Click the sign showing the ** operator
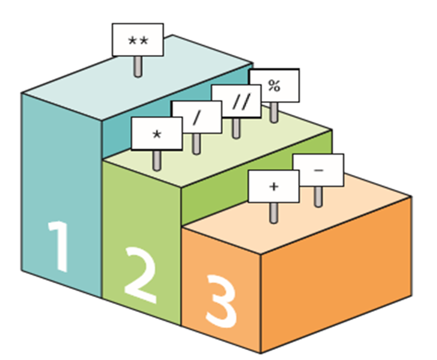(x=138, y=40)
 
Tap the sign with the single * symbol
(x=156, y=134)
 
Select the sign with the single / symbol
(x=197, y=116)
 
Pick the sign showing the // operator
(x=236, y=100)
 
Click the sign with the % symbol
(x=273, y=86)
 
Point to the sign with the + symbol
(x=273, y=186)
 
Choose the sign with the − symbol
(x=318, y=170)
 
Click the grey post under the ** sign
(x=138, y=66)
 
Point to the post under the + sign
(x=273, y=212)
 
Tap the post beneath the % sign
(x=273, y=112)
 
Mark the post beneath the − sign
(x=318, y=196)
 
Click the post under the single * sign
(x=156, y=160)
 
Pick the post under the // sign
(x=236, y=128)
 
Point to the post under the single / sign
(x=196, y=143)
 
